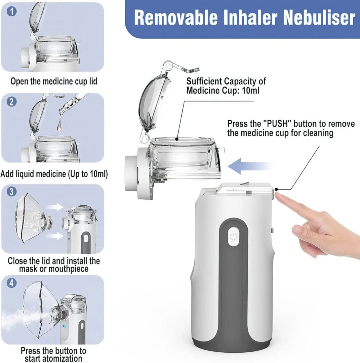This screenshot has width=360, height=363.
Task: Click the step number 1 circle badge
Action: [x=12, y=12]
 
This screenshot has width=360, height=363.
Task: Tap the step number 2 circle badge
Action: [x=12, y=101]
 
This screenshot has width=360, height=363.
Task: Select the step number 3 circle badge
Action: [x=12, y=192]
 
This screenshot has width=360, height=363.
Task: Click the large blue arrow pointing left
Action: [x=249, y=166]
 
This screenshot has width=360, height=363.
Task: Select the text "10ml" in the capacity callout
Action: [x=250, y=90]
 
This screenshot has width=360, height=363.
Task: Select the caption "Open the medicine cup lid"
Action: [x=54, y=81]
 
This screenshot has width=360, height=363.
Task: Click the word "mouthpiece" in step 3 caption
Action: [x=69, y=269]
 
